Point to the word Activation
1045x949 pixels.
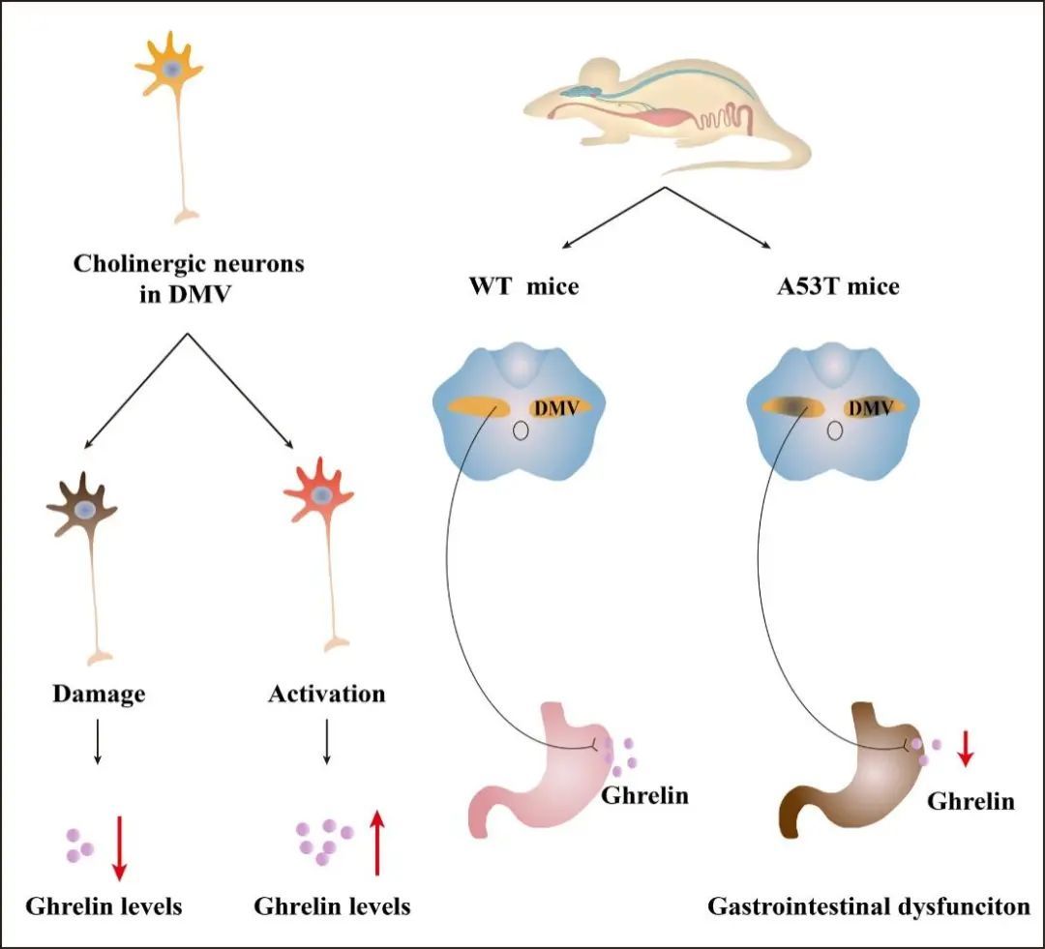tap(326, 694)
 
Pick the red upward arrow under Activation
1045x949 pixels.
tap(376, 842)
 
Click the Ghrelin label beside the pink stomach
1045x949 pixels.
tap(643, 796)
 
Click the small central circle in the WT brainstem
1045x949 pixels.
tap(520, 430)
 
